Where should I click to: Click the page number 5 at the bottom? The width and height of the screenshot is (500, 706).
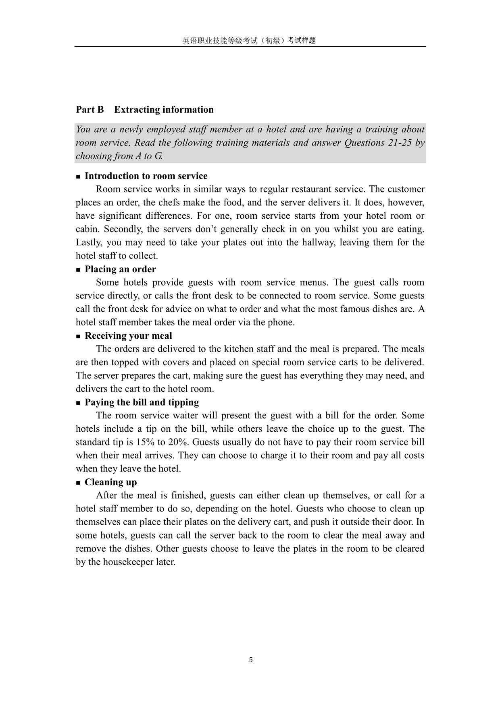click(x=251, y=660)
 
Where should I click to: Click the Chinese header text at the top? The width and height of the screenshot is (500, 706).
click(x=249, y=40)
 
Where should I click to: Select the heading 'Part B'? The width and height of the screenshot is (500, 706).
click(x=90, y=110)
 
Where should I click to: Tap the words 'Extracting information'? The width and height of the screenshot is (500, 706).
click(x=164, y=110)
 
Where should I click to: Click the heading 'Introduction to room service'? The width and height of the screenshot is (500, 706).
click(x=146, y=176)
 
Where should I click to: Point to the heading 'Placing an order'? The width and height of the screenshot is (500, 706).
click(x=120, y=269)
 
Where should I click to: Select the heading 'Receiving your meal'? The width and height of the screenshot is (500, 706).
click(x=128, y=335)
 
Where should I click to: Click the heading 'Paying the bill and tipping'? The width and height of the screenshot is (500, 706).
click(x=142, y=402)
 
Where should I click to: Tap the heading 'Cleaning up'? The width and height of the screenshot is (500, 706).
click(x=110, y=482)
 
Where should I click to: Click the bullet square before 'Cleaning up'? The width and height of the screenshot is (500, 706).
click(x=78, y=482)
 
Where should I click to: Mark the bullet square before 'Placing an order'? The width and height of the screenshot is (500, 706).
click(x=78, y=270)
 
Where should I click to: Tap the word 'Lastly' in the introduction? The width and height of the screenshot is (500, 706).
click(x=87, y=242)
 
